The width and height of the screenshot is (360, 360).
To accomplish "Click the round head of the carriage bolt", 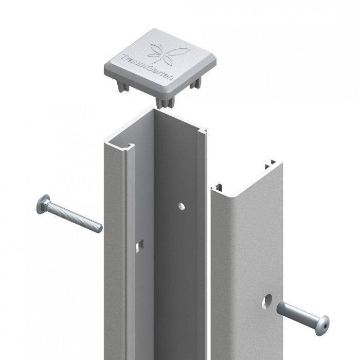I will [41, 206].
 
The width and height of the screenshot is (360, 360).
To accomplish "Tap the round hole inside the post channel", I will [181, 206].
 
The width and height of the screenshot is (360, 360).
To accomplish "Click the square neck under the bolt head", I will [48, 209].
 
